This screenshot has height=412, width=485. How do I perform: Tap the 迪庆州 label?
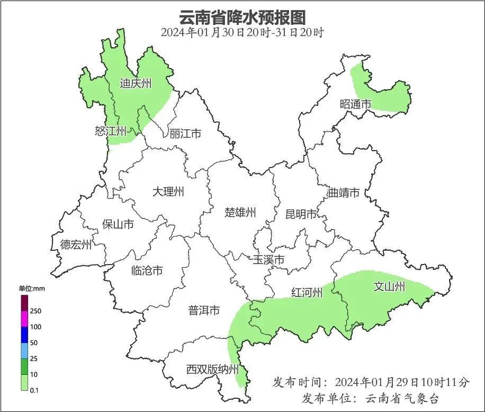pyautogui.click(x=136, y=83)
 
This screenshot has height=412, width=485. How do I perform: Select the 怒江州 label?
pyautogui.click(x=111, y=130)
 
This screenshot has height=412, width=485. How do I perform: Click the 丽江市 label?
pyautogui.click(x=185, y=134)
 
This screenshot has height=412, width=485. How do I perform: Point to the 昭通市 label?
pyautogui.click(x=355, y=104)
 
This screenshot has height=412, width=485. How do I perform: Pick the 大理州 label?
pyautogui.click(x=168, y=191)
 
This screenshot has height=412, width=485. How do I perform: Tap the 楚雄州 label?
pyautogui.click(x=240, y=213)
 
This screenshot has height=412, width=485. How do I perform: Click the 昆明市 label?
pyautogui.click(x=301, y=214)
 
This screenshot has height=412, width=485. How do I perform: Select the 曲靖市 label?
pyautogui.click(x=344, y=192)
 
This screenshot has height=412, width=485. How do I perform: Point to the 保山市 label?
pyautogui.click(x=118, y=224)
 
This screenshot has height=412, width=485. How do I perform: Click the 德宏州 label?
pyautogui.click(x=76, y=244)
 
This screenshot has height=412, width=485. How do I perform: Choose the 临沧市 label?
pyautogui.click(x=147, y=270)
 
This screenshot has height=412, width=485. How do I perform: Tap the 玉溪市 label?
pyautogui.click(x=268, y=260)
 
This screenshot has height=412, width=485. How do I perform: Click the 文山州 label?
pyautogui.click(x=389, y=287)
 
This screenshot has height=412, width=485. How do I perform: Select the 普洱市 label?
pyautogui.click(x=204, y=311)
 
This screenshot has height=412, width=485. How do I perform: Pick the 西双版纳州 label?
pyautogui.click(x=212, y=370)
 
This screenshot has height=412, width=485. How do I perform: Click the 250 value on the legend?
pyautogui.click(x=36, y=311)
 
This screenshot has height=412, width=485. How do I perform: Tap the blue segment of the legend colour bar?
pyautogui.click(x=25, y=335)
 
